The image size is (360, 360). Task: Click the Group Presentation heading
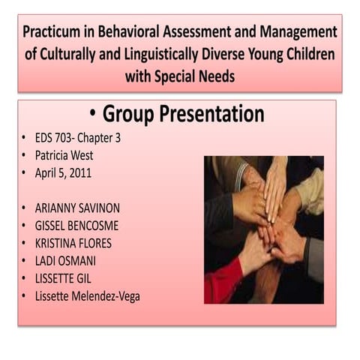[x=183, y=114]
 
